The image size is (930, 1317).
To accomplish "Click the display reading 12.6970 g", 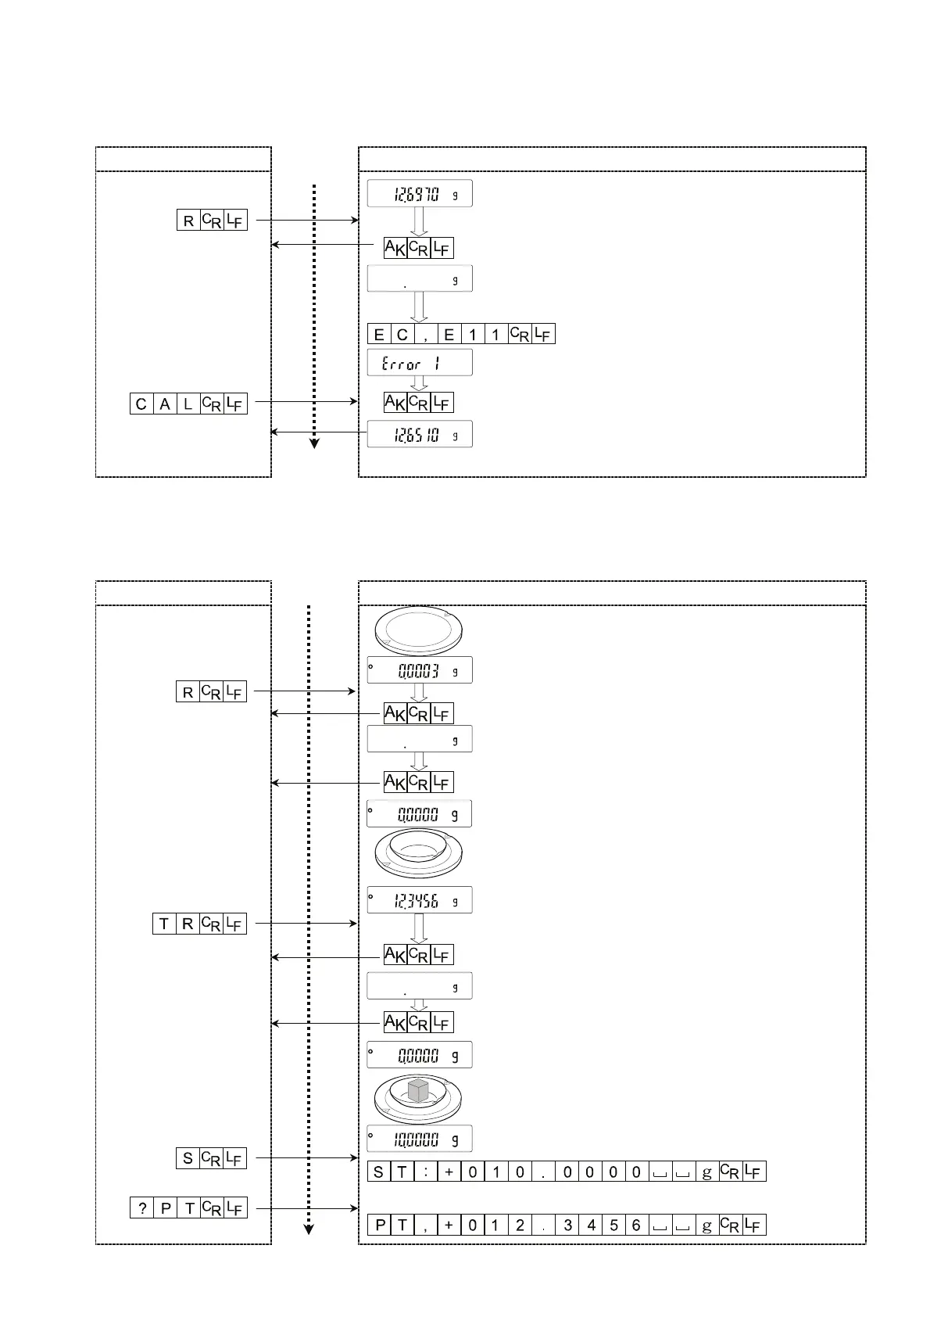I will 420,194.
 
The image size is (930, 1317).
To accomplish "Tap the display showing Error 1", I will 420,363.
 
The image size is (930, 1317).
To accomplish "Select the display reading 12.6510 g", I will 420,434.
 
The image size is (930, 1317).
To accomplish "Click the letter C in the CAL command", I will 141,404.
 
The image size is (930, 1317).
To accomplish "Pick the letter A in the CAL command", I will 165,404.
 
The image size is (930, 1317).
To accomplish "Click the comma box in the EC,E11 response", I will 425,335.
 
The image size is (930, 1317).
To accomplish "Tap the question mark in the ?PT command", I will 142,1208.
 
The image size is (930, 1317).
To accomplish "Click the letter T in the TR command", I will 164,924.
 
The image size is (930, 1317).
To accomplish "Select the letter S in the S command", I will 188,1158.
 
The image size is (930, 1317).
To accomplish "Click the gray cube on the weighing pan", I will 419,1090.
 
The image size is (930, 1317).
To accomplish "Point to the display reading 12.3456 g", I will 420,901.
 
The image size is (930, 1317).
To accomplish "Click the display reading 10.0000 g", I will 420,1139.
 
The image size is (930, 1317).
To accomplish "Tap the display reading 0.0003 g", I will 420,670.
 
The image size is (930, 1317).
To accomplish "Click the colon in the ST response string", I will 426,1172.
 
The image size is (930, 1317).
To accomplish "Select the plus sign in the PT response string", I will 449,1225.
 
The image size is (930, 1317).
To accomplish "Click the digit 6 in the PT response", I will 636,1225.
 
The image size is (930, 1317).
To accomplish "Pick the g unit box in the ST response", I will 707,1172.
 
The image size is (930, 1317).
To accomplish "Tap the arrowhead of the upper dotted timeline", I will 314,443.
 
